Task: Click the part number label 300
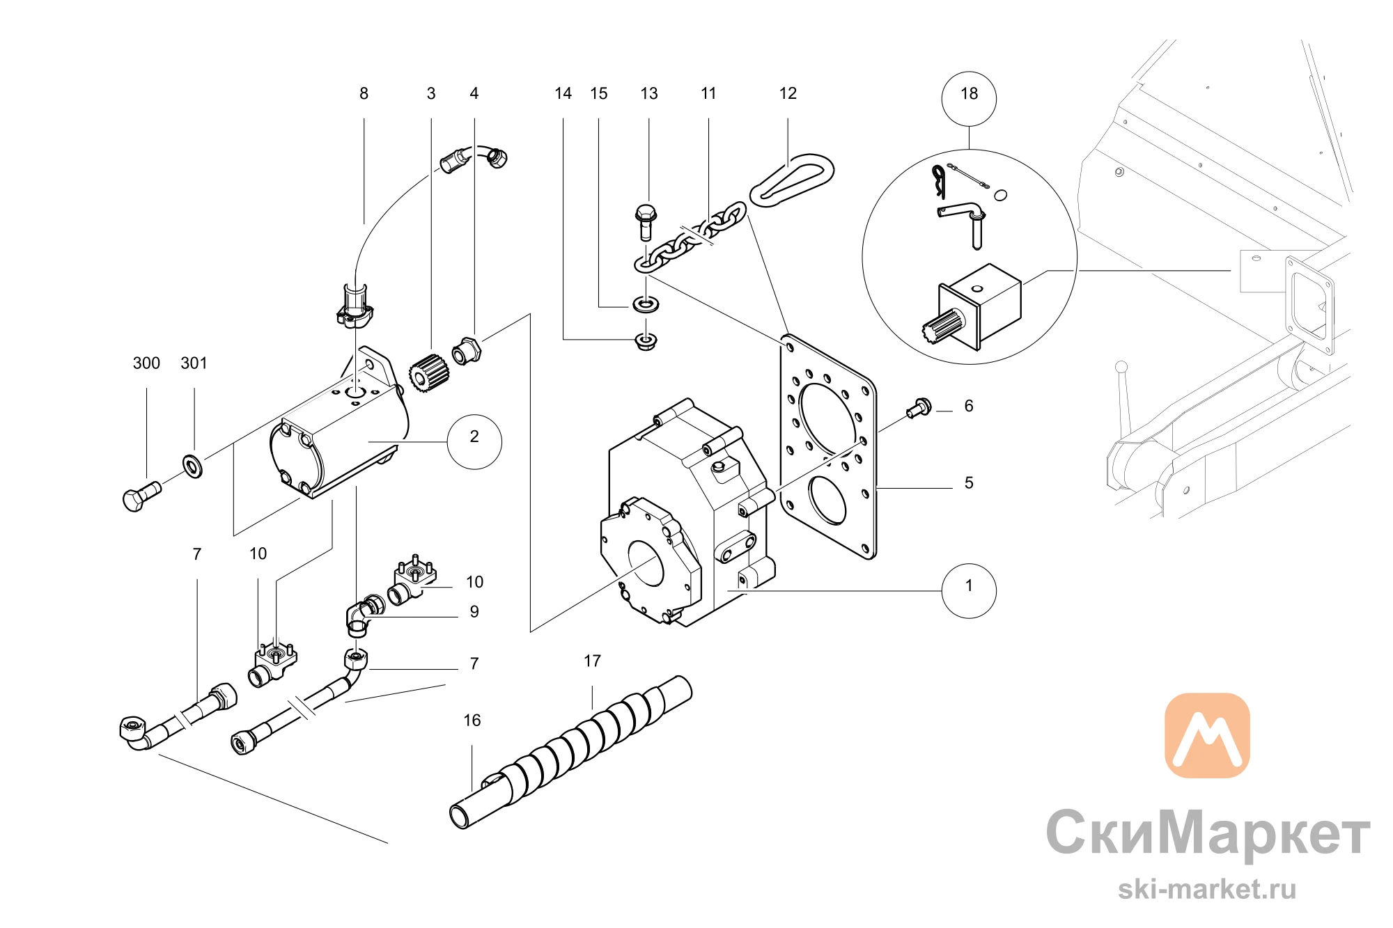click(x=146, y=363)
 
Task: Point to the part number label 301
click(x=194, y=363)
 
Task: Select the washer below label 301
click(x=192, y=466)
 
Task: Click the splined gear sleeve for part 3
click(x=428, y=373)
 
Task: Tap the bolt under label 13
click(x=646, y=222)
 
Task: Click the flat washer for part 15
click(x=646, y=304)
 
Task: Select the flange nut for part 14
click(x=646, y=341)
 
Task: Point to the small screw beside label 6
click(x=919, y=407)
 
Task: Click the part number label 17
click(x=592, y=661)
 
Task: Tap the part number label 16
click(x=472, y=720)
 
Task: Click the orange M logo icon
click(x=1207, y=735)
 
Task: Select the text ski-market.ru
click(x=1207, y=889)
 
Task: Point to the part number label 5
click(x=969, y=482)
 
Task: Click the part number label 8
click(x=364, y=93)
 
